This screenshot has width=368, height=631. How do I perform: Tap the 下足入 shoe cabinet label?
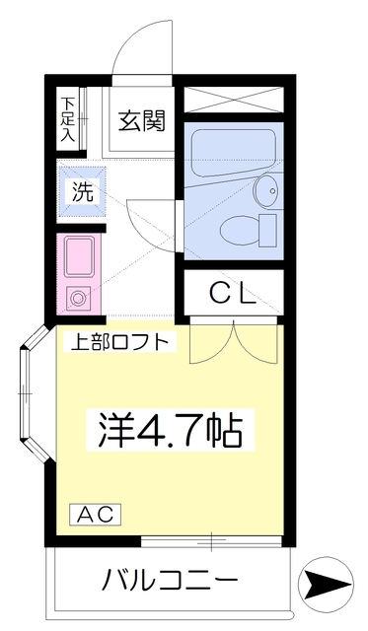click(68, 117)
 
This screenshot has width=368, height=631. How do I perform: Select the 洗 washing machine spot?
click(82, 191)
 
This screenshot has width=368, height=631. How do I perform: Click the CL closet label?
click(234, 293)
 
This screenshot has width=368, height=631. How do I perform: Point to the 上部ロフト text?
click(120, 342)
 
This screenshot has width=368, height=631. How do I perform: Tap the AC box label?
click(96, 514)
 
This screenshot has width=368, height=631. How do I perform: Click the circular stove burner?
click(78, 297)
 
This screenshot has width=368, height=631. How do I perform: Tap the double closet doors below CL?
click(235, 340)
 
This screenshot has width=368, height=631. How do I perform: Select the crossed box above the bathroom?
click(234, 99)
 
